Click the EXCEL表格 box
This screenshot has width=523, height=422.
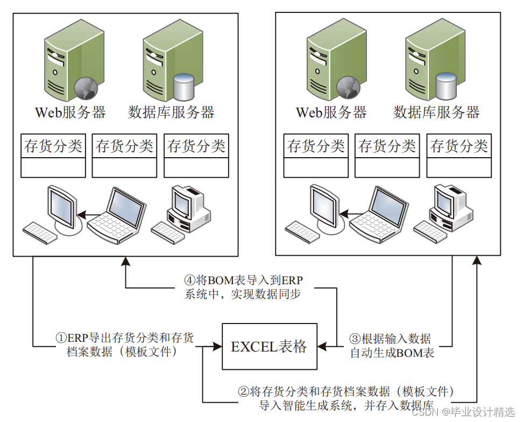[268, 347]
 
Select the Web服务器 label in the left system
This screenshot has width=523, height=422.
[70, 112]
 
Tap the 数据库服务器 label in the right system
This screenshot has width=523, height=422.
[436, 112]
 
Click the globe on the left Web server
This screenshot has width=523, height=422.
[86, 88]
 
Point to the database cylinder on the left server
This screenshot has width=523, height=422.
[184, 88]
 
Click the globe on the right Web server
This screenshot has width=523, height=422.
[348, 88]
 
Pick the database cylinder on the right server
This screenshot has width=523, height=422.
[447, 88]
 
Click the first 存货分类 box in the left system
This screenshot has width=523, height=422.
[53, 156]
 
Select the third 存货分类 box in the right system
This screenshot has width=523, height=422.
[459, 156]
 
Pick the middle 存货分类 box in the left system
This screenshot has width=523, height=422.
[124, 156]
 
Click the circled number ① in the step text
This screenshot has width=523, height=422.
[61, 339]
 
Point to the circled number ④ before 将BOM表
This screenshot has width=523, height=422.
[189, 280]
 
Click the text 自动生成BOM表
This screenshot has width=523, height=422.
[392, 354]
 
